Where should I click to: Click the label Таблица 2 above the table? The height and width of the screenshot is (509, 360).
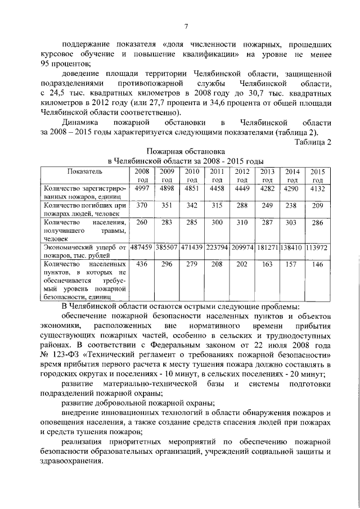click(x=313, y=142)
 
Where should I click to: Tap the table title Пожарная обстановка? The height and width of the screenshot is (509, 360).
click(x=186, y=151)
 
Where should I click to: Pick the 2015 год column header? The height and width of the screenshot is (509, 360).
click(x=318, y=174)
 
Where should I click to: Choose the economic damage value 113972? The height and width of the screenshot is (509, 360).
click(x=318, y=247)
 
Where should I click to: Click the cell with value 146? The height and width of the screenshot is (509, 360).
click(x=318, y=264)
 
